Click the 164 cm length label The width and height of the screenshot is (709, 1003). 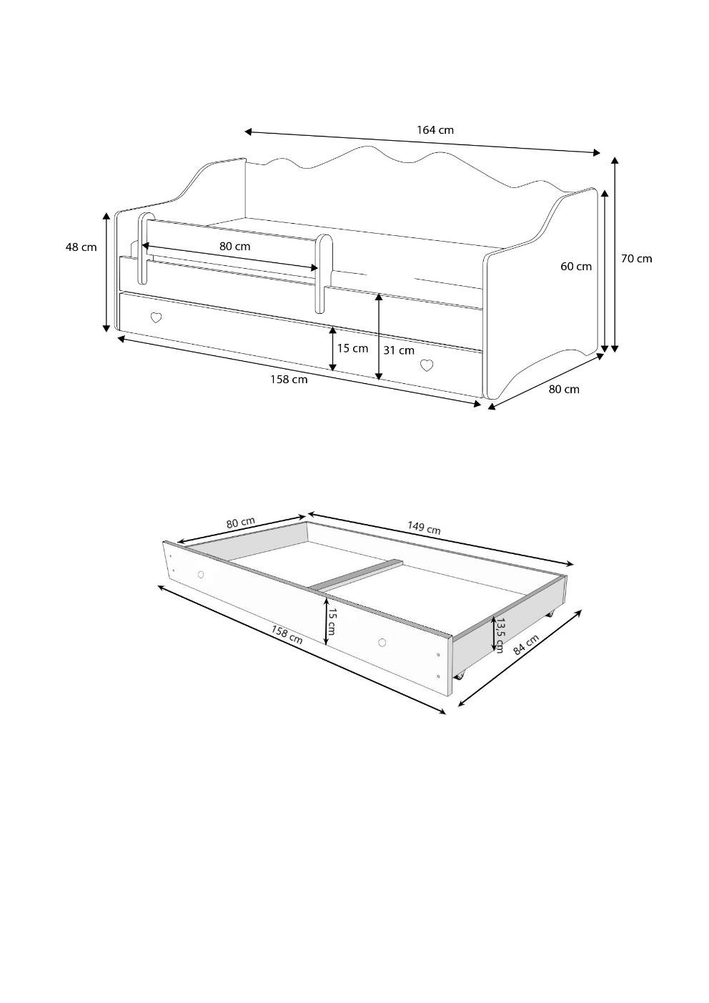tap(435, 130)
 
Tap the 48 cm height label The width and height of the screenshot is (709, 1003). tap(81, 247)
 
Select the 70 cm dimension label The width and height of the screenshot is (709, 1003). tap(637, 258)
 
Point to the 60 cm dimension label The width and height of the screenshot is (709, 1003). tap(576, 267)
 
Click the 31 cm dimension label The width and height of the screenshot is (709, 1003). tap(399, 350)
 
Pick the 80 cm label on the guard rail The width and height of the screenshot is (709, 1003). tap(234, 246)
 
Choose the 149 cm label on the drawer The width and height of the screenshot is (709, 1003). tap(424, 528)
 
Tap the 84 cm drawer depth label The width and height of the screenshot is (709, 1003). tap(525, 646)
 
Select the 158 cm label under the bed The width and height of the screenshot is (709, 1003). tap(289, 380)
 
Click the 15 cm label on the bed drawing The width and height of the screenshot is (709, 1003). tap(352, 348)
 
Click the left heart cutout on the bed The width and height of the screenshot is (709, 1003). tap(156, 318)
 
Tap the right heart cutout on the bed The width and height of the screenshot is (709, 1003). tap(427, 365)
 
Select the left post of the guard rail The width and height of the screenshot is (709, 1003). tap(143, 249)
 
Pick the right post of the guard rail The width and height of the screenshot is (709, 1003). tap(324, 274)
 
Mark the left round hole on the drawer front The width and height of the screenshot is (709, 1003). tap(201, 575)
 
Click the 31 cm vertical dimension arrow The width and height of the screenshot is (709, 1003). tap(379, 336)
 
